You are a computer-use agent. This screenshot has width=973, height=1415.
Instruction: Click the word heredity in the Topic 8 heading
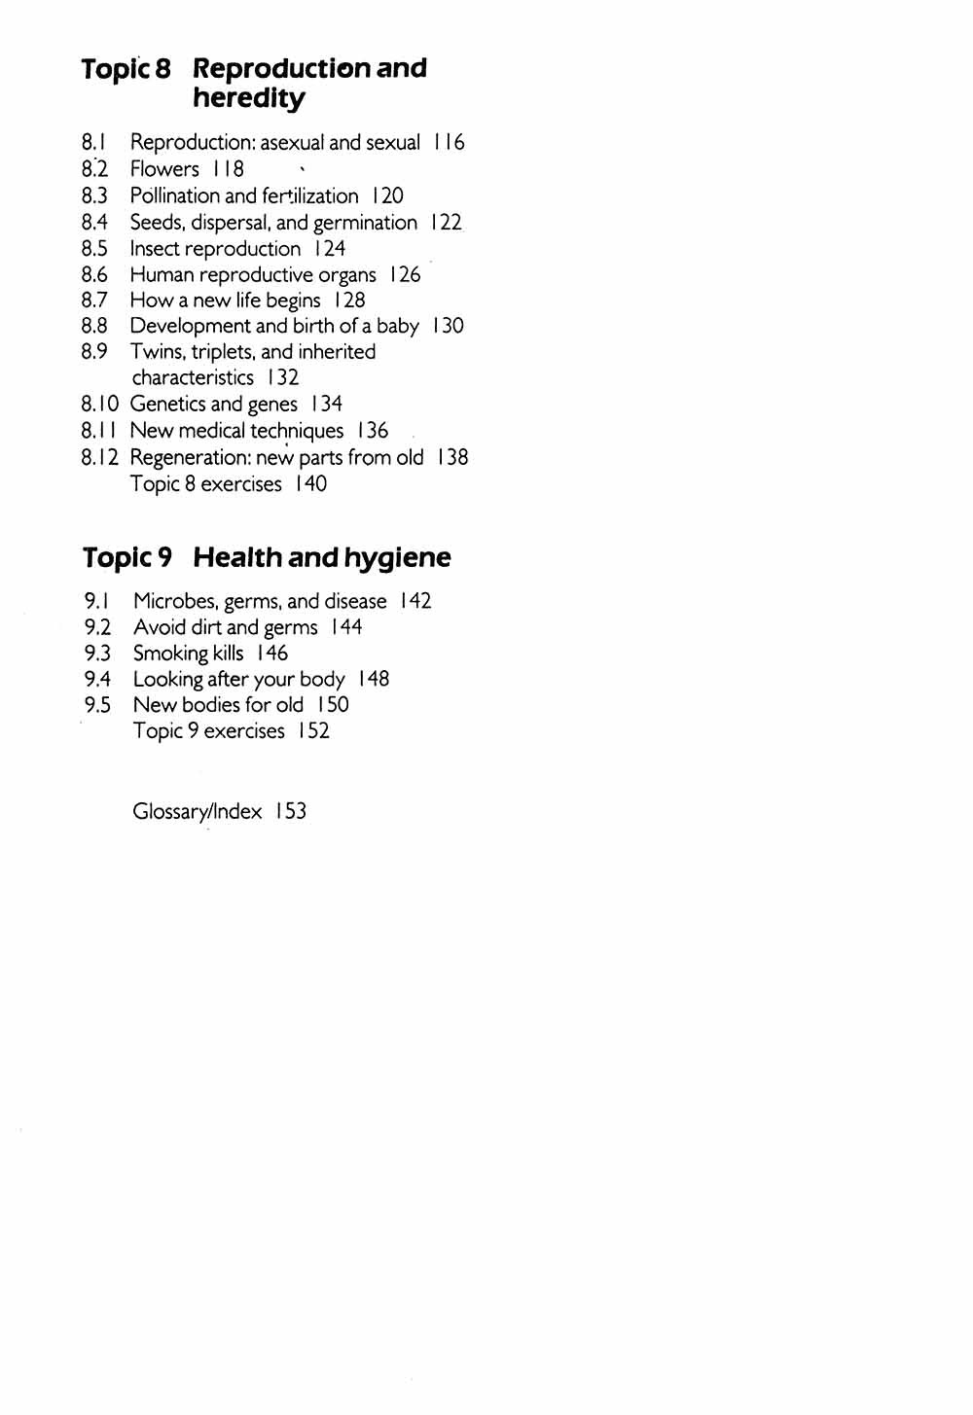pos(248,98)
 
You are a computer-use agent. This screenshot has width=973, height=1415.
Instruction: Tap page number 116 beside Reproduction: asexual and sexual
pos(449,142)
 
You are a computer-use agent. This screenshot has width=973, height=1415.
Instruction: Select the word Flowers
pos(164,169)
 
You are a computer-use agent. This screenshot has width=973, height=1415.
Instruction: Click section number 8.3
pos(94,195)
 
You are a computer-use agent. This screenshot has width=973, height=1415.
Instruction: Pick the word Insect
pos(154,249)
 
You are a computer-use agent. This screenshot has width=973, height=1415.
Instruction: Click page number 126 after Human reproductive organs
pos(405,275)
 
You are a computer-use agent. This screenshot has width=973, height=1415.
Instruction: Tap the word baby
pos(397,326)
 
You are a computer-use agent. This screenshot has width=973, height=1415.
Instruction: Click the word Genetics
pos(166,404)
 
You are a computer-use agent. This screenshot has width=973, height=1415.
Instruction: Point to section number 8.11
pos(99,431)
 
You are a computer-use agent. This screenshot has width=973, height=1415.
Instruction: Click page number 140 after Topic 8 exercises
pos(311,483)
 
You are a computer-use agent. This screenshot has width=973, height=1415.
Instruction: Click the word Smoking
pos(170,654)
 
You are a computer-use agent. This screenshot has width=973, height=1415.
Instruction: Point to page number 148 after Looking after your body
pos(374,679)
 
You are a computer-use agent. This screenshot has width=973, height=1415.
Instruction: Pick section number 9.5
pos(97,705)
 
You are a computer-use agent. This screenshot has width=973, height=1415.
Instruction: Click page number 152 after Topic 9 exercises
pos(314,730)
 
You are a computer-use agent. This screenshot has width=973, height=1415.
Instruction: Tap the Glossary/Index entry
pos(198,811)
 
